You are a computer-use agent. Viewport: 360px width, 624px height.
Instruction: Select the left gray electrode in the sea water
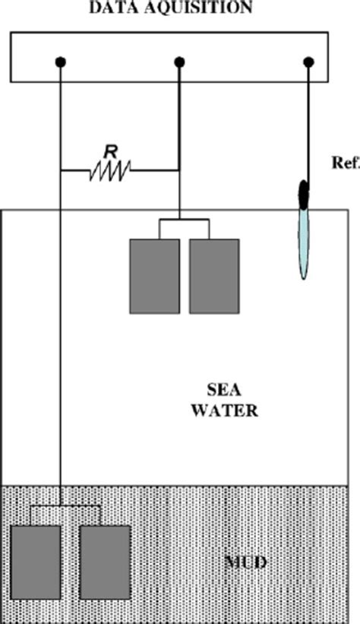point(155,276)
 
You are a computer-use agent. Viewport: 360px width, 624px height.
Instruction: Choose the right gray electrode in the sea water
point(214,276)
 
